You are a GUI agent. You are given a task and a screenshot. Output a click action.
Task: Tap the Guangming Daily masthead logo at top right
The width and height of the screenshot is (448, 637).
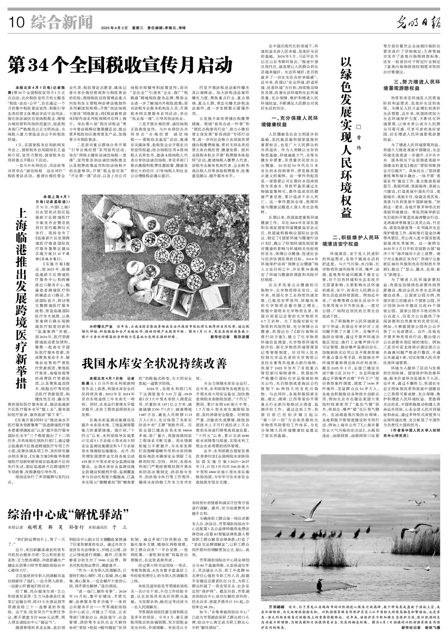pos(419,23)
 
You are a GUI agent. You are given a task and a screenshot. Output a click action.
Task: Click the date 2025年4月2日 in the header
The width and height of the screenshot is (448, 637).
pos(114,28)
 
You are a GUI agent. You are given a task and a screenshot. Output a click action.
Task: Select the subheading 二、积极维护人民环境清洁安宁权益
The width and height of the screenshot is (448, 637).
pos(350,240)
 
